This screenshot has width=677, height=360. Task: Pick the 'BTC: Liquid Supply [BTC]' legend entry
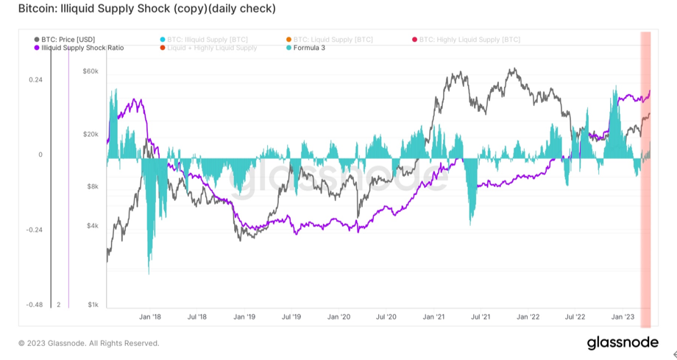click(x=332, y=39)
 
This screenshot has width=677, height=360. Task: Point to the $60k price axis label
click(x=91, y=71)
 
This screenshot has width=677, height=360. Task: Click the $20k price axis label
click(x=91, y=134)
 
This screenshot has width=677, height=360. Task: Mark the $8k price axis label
click(x=92, y=187)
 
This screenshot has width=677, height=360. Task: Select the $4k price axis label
click(x=92, y=225)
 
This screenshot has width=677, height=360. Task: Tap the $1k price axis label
click(x=92, y=304)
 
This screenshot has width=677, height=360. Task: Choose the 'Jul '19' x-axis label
click(x=291, y=317)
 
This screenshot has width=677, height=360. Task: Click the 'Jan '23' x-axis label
click(x=623, y=317)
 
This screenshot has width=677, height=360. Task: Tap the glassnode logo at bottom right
click(x=623, y=343)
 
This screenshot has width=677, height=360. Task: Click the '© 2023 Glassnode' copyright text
click(x=88, y=343)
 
